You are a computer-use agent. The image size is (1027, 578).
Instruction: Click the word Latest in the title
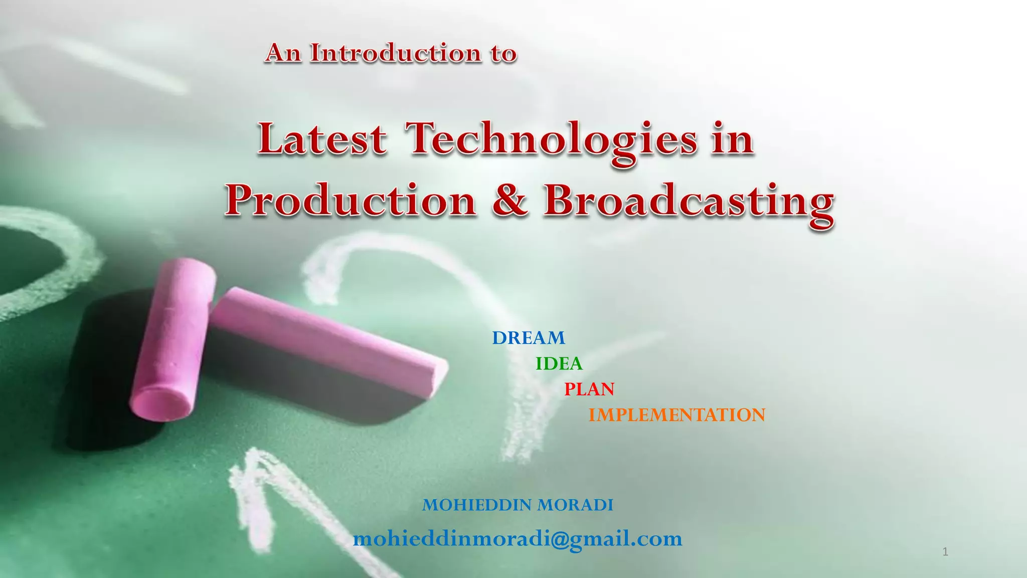pyautogui.click(x=322, y=139)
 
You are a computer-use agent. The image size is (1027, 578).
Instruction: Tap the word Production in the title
pyautogui.click(x=350, y=201)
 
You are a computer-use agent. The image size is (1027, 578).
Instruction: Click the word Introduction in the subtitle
pyautogui.click(x=396, y=53)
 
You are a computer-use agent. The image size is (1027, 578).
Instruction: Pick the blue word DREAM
pyautogui.click(x=529, y=338)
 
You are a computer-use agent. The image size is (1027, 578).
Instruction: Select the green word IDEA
pyautogui.click(x=559, y=364)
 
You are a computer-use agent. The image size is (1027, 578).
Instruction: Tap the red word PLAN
pyautogui.click(x=589, y=389)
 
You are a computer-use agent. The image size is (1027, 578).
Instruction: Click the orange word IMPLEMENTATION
pyautogui.click(x=676, y=415)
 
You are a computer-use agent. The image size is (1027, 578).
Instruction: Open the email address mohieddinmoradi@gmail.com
pyautogui.click(x=518, y=539)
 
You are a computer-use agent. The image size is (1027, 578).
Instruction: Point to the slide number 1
pyautogui.click(x=945, y=552)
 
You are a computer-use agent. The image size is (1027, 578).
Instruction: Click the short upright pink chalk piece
pyautogui.click(x=173, y=336)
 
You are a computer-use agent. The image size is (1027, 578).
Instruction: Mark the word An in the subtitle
pyautogui.click(x=283, y=53)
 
